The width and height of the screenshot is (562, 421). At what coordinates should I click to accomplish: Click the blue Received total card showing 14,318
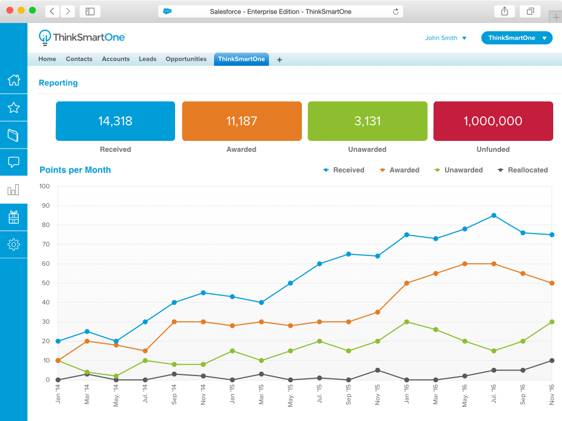pos(115,121)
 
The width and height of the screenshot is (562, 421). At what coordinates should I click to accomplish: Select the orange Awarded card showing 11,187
pos(241,121)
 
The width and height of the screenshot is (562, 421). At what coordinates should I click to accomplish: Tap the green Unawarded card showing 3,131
pos(367,121)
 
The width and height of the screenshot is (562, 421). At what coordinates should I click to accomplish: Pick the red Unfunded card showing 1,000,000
pos(493,121)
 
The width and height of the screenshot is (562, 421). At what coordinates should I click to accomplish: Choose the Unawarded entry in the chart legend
pos(458,170)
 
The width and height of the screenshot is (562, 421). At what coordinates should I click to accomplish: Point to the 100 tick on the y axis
pos(44,186)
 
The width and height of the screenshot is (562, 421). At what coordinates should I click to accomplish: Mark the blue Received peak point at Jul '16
pos(494,215)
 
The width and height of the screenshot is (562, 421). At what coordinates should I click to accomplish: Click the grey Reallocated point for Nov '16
pos(552,361)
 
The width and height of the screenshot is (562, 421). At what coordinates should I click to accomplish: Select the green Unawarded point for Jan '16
pos(407,322)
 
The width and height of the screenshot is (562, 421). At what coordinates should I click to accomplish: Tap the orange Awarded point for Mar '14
pos(87,341)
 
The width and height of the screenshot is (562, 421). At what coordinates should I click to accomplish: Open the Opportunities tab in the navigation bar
pos(186,59)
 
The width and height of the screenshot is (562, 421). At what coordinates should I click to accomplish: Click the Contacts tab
pos(79,59)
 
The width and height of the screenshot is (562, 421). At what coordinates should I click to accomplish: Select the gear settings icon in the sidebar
pos(14,244)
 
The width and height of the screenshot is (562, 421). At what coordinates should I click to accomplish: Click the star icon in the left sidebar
pos(14,107)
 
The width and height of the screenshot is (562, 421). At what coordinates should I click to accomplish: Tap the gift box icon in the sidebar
pos(14,217)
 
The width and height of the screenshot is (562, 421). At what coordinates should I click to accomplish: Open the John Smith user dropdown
pos(446,38)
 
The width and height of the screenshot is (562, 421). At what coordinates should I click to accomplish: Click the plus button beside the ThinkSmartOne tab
pos(279,60)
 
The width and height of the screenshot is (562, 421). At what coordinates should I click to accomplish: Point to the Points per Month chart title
pos(75,170)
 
